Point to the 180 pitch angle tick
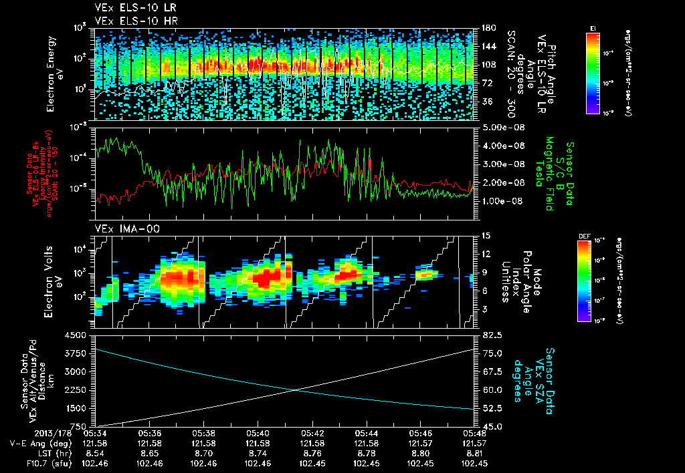pos(487,28)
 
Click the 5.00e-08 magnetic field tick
pos(500,127)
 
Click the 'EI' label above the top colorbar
pos(593,27)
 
